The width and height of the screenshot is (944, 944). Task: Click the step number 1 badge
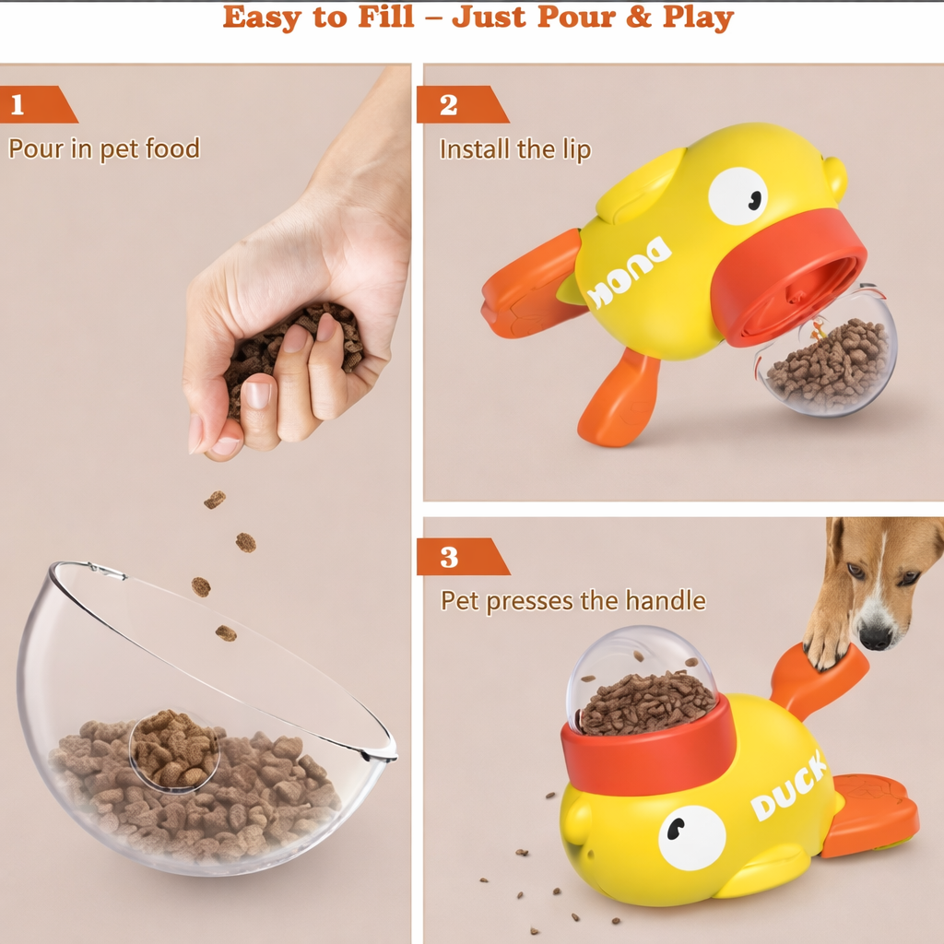pyautogui.click(x=35, y=104)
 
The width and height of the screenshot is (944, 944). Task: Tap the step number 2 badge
pyautogui.click(x=461, y=104)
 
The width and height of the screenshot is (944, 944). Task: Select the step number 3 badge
pyautogui.click(x=462, y=556)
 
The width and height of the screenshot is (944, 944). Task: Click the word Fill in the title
pyautogui.click(x=386, y=17)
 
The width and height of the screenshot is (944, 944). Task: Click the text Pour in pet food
pyautogui.click(x=104, y=149)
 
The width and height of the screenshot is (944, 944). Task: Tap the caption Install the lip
pyautogui.click(x=515, y=149)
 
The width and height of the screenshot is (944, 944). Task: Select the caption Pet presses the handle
pyautogui.click(x=573, y=601)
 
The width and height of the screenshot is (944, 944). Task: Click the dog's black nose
pyautogui.click(x=876, y=636)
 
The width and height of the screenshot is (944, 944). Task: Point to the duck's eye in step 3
pyautogui.click(x=691, y=837)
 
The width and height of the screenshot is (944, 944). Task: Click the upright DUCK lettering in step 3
pyautogui.click(x=789, y=787)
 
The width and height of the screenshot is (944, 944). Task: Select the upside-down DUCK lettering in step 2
pyautogui.click(x=628, y=273)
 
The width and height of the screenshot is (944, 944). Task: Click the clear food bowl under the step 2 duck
pyautogui.click(x=827, y=355)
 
